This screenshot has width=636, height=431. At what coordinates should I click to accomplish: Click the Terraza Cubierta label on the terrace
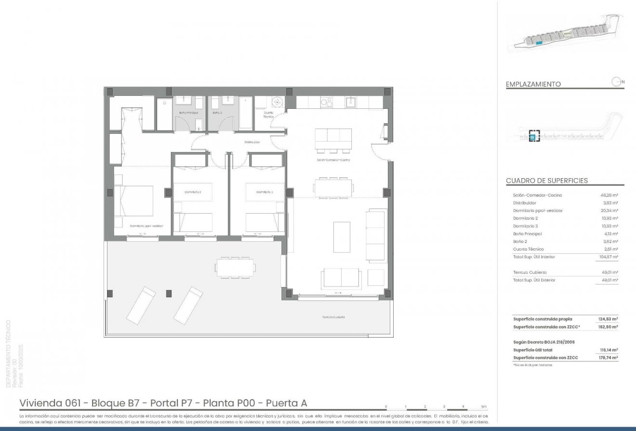(x=333, y=317)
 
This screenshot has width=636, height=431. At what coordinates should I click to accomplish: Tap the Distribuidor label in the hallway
(x=252, y=142)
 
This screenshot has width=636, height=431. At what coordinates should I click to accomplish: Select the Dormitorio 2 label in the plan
(x=192, y=192)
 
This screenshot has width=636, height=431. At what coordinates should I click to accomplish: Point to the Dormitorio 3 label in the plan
(x=265, y=192)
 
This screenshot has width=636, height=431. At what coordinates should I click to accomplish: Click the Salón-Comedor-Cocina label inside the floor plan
(x=333, y=159)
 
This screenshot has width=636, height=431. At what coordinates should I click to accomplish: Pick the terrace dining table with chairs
(x=235, y=267)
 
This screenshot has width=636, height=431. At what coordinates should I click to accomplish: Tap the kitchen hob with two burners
(x=326, y=102)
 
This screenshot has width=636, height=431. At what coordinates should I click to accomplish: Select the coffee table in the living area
(x=342, y=236)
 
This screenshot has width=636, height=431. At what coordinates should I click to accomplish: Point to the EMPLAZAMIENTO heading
(x=533, y=84)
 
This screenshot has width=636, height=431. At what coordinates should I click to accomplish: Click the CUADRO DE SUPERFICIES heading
(x=547, y=181)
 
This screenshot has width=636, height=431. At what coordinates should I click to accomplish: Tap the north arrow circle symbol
(x=616, y=82)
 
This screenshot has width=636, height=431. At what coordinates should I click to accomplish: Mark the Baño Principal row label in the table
(x=528, y=234)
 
